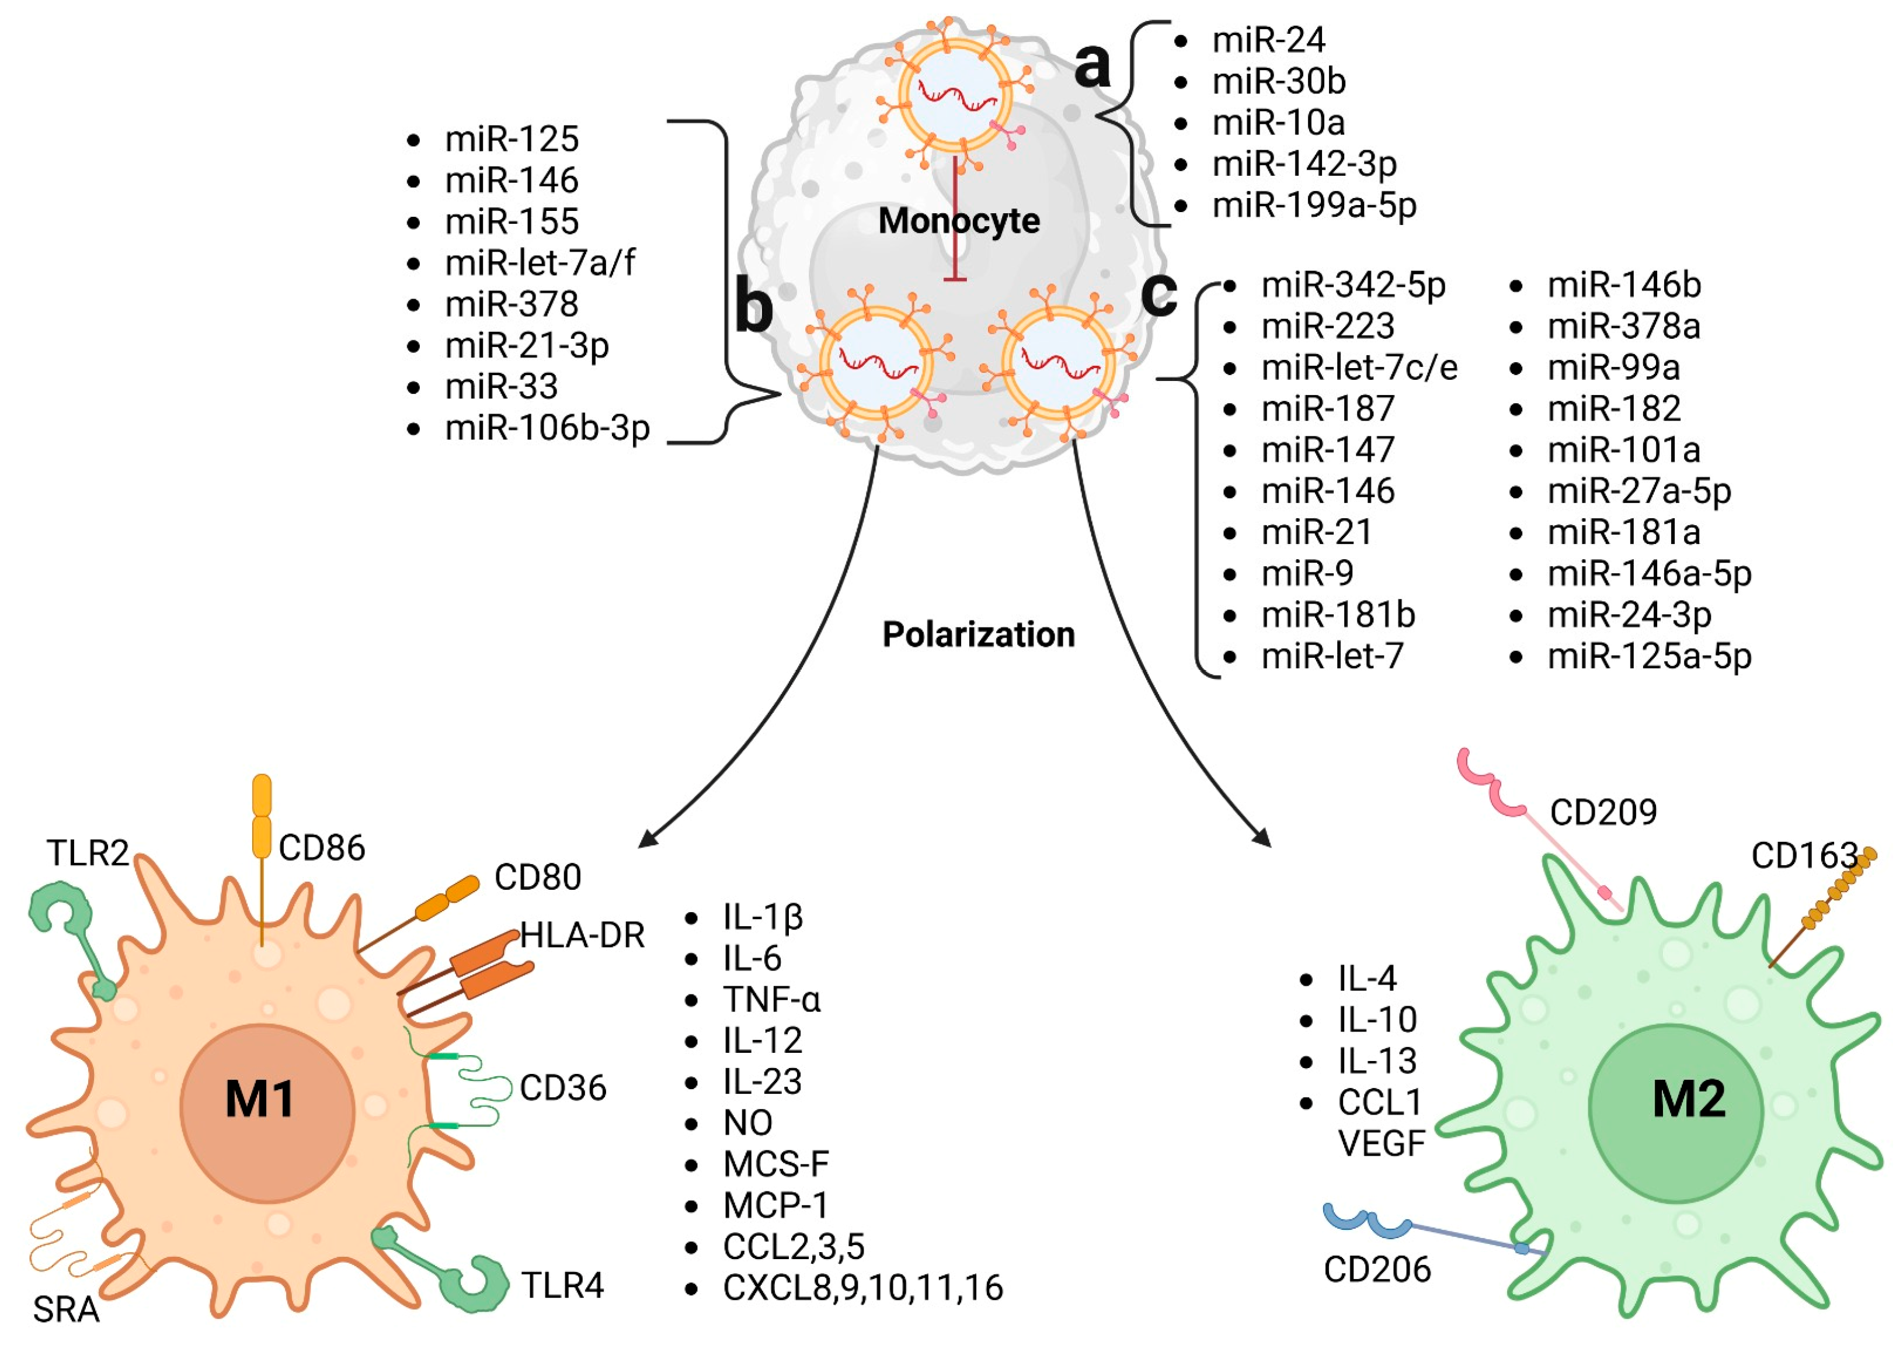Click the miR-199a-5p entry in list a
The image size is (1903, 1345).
pos(1314,205)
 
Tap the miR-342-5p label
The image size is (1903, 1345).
pos(1353,285)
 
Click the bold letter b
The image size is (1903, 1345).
pos(753,308)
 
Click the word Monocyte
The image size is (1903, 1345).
pos(959,221)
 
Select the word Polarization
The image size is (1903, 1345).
pos(978,635)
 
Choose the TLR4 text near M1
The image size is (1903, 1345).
pos(563,1285)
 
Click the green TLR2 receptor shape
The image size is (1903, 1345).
pos(67,920)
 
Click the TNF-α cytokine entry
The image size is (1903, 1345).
pos(771,999)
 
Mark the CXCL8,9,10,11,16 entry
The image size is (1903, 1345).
pos(862,1288)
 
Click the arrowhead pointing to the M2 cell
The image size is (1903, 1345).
pos(1261,837)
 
